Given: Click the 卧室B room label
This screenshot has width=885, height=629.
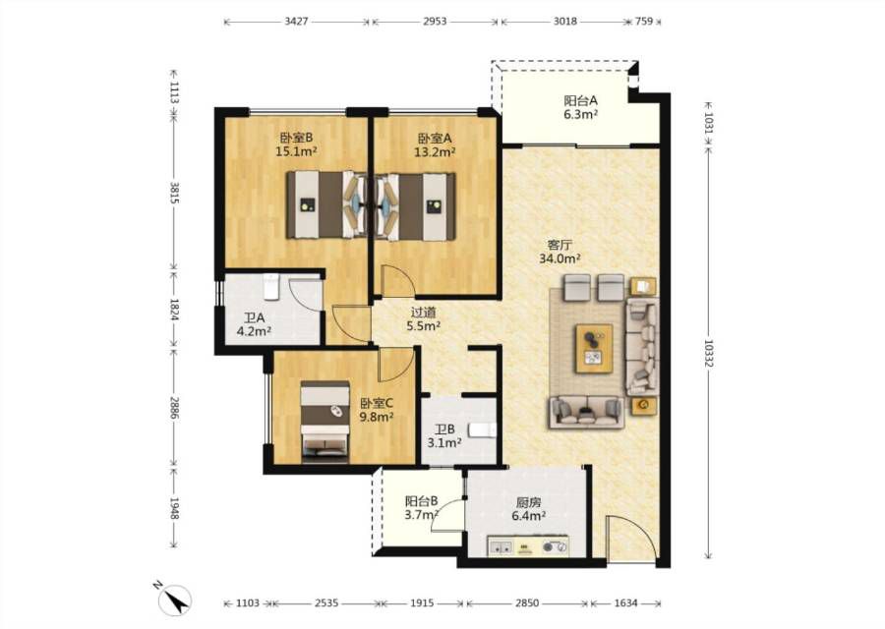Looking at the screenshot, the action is [296, 138].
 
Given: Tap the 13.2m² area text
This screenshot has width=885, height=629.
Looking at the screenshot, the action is [435, 151].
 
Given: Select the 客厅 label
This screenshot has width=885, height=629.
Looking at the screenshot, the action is [560, 245].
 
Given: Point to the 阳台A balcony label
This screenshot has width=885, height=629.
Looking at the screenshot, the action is [581, 101].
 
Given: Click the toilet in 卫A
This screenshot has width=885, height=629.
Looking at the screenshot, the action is [271, 287].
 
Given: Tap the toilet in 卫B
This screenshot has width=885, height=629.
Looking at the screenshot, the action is [483, 430].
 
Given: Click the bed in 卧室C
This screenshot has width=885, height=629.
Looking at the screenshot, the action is [324, 422].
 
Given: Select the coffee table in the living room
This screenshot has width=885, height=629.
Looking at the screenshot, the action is [594, 348].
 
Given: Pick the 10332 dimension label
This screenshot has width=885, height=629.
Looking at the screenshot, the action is [709, 353].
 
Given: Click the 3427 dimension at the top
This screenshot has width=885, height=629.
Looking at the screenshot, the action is [296, 22].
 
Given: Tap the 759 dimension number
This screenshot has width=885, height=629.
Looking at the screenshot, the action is [644, 22].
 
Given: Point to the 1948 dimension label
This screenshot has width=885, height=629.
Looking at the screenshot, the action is [174, 508].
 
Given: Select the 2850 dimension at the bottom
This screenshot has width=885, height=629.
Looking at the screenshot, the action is [527, 603].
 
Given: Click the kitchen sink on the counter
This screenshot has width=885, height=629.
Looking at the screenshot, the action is [501, 546].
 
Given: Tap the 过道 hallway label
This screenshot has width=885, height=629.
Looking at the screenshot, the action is [423, 312].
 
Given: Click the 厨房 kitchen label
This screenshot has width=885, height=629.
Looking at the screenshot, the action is [528, 502].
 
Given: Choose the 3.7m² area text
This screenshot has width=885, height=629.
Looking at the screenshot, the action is [422, 514].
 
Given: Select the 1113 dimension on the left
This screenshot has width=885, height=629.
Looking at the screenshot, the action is [174, 92].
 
